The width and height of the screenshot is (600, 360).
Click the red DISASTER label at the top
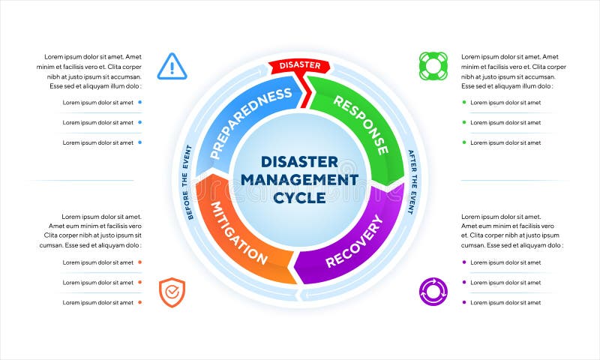point(300,66)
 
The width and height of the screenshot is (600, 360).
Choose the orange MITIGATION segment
point(238,232)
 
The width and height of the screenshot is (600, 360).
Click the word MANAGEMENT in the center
point(299,180)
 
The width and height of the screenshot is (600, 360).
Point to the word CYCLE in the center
point(299,198)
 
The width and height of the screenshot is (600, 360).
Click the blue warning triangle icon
point(172,67)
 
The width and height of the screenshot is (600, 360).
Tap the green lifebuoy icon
point(433,66)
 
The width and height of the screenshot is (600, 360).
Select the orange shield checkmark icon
point(172,292)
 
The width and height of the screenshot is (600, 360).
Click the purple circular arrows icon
point(433,291)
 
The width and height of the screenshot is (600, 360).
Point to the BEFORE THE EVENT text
point(187,182)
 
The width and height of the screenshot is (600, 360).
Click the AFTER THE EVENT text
point(412,182)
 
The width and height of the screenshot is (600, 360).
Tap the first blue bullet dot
point(140,103)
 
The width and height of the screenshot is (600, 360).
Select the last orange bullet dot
point(140,302)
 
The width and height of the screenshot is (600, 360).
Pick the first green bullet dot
point(464,103)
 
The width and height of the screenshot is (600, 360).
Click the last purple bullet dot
point(464,302)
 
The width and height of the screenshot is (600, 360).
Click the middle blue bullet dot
point(140,122)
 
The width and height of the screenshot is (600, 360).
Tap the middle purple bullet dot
point(464,282)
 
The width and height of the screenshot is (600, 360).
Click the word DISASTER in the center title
point(299,162)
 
